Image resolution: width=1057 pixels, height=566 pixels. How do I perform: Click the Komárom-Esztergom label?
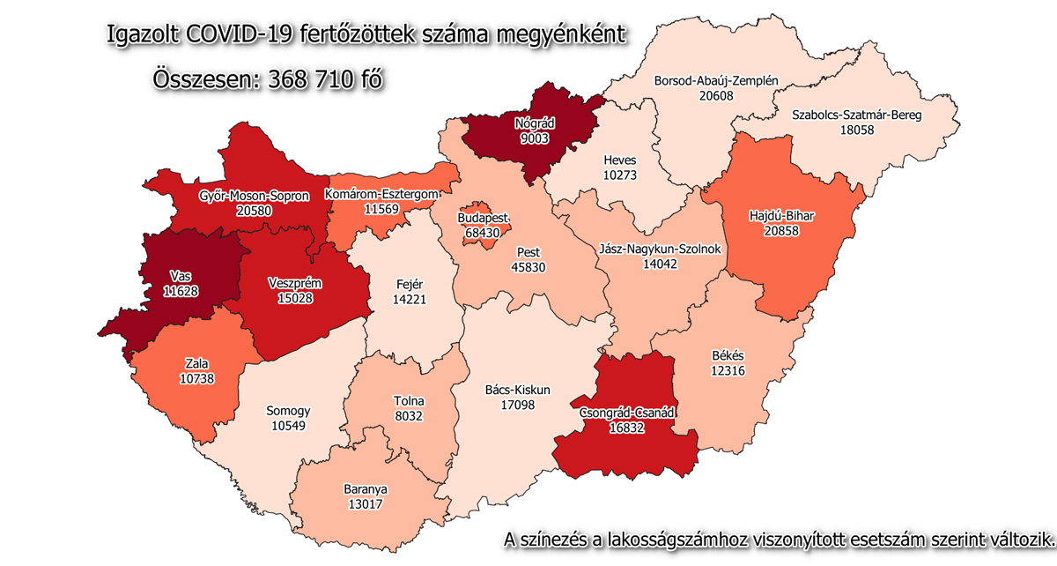381,193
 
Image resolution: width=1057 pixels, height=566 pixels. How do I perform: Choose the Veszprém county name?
293,283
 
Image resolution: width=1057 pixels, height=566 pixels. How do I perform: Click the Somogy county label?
288,411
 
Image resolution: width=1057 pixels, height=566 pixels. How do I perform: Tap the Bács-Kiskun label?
518,389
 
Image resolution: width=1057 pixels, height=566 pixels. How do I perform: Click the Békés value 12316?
728,370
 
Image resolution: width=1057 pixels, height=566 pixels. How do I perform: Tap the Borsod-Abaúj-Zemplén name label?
716,81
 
